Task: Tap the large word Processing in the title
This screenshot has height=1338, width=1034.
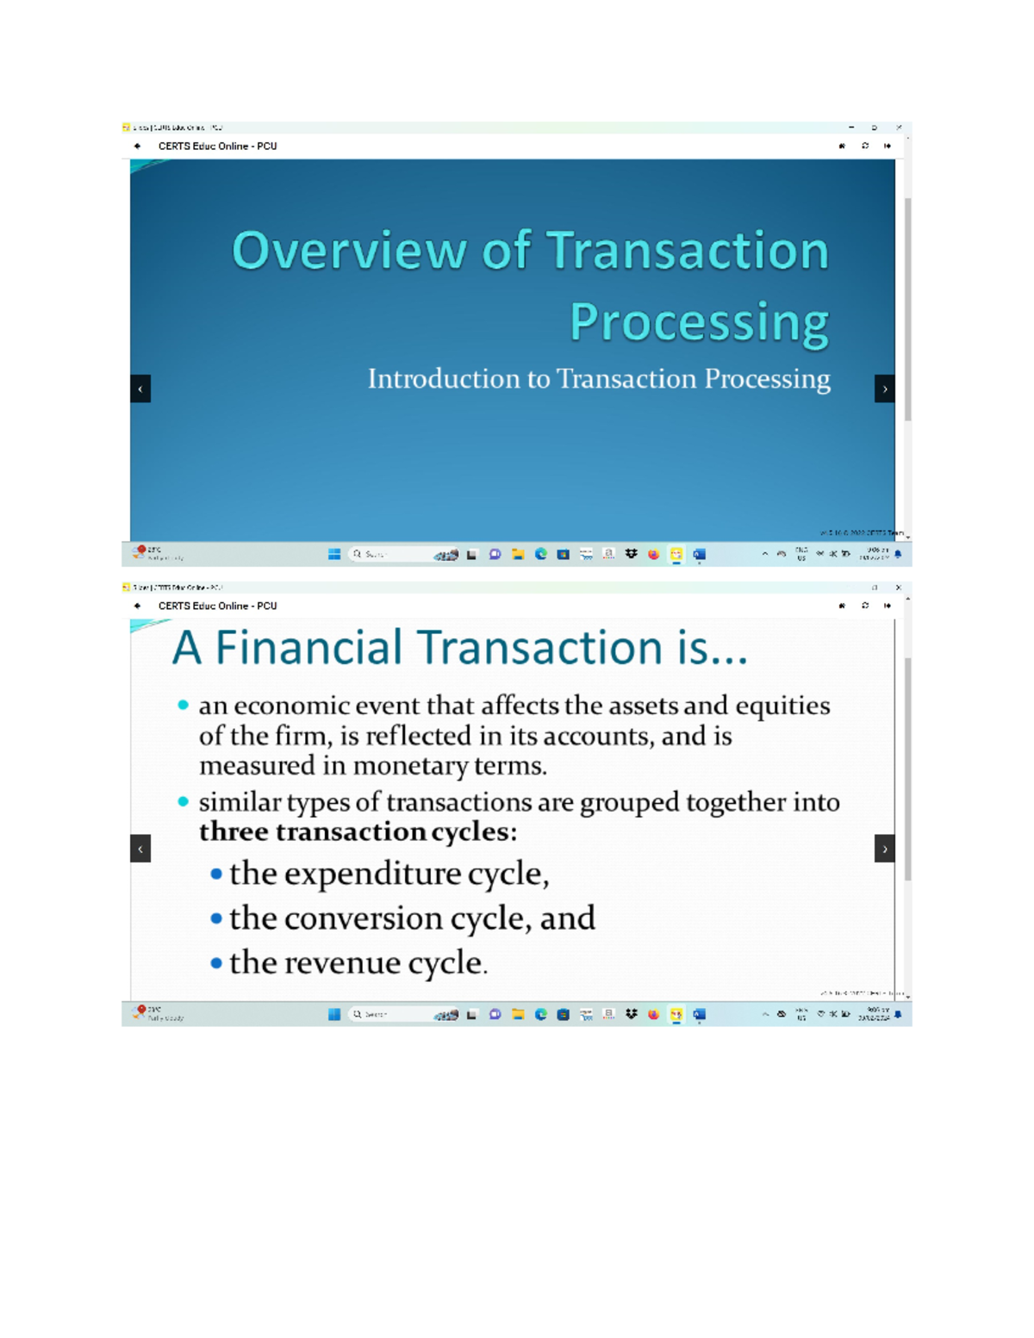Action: [699, 323]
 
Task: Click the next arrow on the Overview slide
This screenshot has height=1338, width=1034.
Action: [884, 389]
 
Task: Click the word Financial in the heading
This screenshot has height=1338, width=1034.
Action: [308, 648]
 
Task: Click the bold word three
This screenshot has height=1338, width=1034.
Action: [234, 832]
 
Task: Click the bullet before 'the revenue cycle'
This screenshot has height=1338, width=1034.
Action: [216, 962]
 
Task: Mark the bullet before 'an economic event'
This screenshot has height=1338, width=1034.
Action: [183, 706]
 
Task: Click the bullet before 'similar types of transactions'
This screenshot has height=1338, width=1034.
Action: [183, 802]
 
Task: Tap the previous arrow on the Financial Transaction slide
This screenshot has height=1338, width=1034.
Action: [140, 849]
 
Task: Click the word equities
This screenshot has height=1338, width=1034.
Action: [782, 706]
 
